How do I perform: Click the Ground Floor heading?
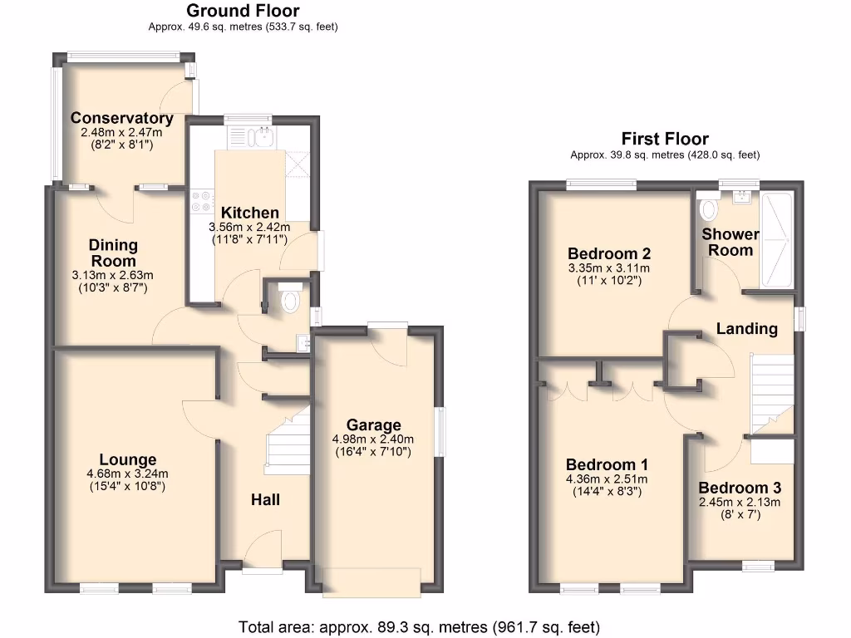pyautogui.click(x=243, y=11)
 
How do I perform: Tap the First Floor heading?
pyautogui.click(x=665, y=139)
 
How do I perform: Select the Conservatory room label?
pyautogui.click(x=121, y=118)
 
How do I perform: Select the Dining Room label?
pyautogui.click(x=113, y=253)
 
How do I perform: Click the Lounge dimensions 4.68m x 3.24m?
pyautogui.click(x=127, y=474)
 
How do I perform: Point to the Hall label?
pyautogui.click(x=265, y=499)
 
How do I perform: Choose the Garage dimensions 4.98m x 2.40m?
pyautogui.click(x=373, y=439)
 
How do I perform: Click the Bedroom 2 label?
pyautogui.click(x=608, y=253)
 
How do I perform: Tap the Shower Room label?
pyautogui.click(x=730, y=242)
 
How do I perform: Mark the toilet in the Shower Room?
pyautogui.click(x=709, y=206)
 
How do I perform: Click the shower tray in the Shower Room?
pyautogui.click(x=776, y=239)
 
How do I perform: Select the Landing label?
pyautogui.click(x=746, y=329)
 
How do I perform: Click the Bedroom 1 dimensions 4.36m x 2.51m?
pyautogui.click(x=607, y=478)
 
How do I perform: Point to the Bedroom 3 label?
pyautogui.click(x=739, y=488)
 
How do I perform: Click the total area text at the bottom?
pyautogui.click(x=419, y=626)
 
